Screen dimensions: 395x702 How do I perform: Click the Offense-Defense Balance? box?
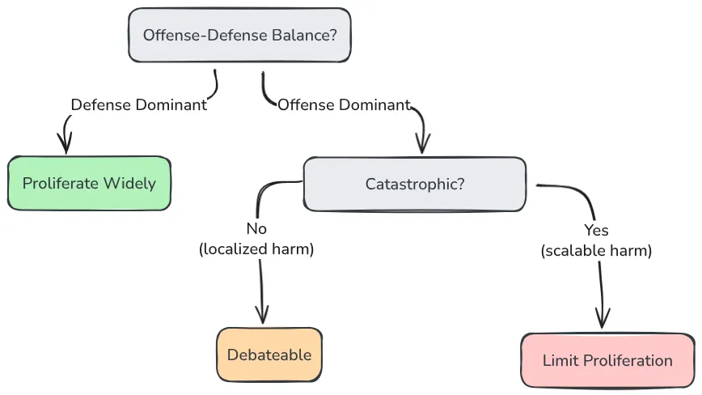(239, 36)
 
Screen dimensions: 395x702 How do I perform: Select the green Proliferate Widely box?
(89, 183)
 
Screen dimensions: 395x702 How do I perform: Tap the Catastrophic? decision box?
(414, 184)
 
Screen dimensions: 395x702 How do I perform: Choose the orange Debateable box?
(269, 355)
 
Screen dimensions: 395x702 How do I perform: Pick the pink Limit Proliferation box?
(607, 360)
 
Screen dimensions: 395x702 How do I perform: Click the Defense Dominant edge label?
(138, 104)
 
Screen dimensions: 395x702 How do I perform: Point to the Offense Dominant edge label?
(344, 104)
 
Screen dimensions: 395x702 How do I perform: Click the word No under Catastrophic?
(256, 229)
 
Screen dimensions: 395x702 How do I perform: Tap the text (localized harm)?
(256, 249)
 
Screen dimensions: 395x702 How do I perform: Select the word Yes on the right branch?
(596, 231)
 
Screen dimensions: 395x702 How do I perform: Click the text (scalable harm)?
(596, 251)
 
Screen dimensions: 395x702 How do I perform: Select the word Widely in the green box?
(130, 183)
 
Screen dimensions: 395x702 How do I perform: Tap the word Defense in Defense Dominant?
(98, 104)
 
